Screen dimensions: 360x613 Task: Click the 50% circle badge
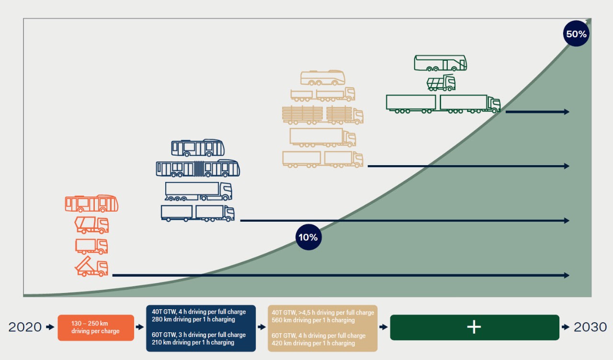[576, 34]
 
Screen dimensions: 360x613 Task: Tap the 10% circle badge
[308, 237]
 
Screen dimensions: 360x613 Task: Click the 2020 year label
[25, 327]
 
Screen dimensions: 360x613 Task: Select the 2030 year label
[590, 327]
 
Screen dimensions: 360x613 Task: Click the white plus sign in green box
[474, 327]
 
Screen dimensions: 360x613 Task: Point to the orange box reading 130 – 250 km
[96, 327]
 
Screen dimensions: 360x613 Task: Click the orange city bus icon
[91, 203]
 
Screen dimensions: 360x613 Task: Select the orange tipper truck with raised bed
[91, 267]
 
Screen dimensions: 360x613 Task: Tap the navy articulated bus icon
[198, 169]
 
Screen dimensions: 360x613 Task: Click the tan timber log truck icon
[322, 115]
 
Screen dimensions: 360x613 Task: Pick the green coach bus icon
[440, 63]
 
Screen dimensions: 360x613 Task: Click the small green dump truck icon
[441, 83]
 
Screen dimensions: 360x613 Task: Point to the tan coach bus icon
[323, 78]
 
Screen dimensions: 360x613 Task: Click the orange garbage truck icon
[91, 225]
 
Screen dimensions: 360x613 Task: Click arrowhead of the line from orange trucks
[567, 275]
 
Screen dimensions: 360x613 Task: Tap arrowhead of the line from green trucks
[567, 112]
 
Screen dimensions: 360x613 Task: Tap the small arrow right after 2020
[50, 327]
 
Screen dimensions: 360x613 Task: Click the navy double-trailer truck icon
[198, 213]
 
